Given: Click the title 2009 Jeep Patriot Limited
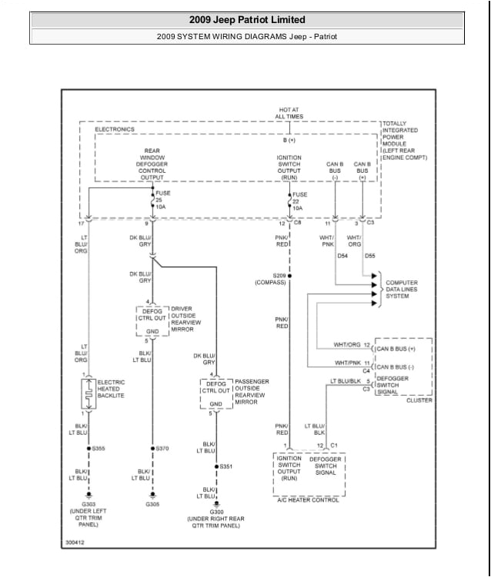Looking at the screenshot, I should click(x=247, y=19).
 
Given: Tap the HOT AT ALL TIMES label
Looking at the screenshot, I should click(x=290, y=113).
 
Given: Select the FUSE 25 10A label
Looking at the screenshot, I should click(x=162, y=200).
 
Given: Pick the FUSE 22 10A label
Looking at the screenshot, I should click(x=299, y=201).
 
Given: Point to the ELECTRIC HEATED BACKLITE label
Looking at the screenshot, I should click(x=110, y=389).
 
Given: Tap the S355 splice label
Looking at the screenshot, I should click(x=99, y=448).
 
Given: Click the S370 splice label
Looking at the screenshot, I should click(x=162, y=448).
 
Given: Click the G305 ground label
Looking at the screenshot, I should click(x=152, y=505).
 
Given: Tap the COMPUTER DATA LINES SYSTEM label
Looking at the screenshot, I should click(x=402, y=290).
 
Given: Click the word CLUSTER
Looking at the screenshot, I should click(x=419, y=400).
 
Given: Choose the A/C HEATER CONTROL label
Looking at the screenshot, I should click(x=309, y=499).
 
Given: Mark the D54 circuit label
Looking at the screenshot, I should click(x=342, y=255).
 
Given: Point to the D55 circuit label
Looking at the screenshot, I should click(x=370, y=255).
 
